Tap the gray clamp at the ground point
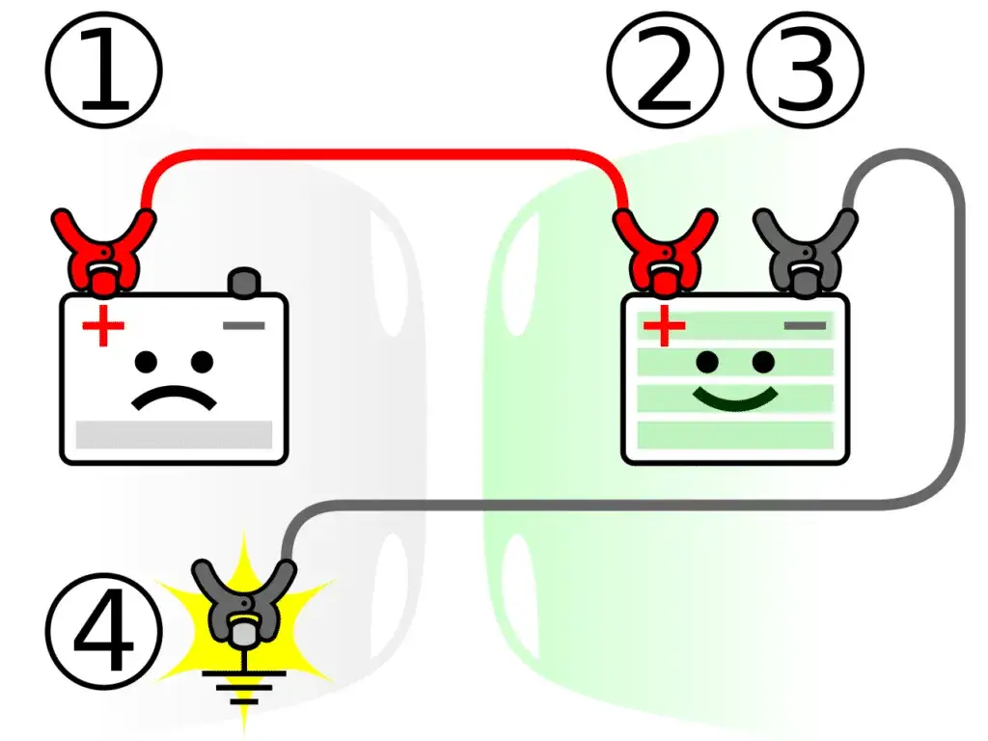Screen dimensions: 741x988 (244, 603)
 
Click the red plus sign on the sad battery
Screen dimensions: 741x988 (102, 328)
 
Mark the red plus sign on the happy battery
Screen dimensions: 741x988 (664, 327)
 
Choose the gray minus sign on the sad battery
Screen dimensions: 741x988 (244, 326)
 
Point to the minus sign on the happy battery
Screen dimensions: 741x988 (805, 326)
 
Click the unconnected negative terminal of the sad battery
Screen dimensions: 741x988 (244, 283)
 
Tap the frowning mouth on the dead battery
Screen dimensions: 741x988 (175, 398)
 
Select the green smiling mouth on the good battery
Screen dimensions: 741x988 (735, 396)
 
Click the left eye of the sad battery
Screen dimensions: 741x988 (147, 362)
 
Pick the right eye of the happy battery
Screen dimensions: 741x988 (763, 362)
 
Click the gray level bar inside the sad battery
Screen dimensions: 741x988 (174, 433)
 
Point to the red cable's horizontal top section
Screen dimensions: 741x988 (386, 153)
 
